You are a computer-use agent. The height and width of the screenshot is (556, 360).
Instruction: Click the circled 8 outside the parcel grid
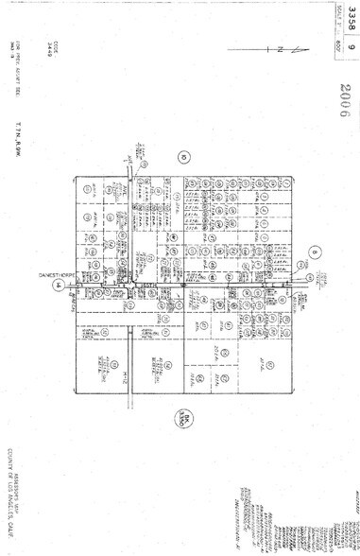(315, 252)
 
